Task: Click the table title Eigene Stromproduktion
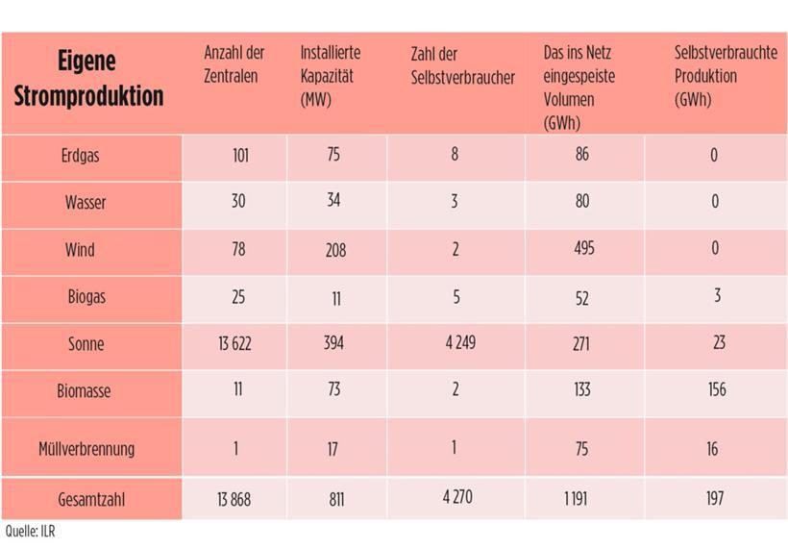[89, 79]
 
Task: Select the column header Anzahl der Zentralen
[234, 64]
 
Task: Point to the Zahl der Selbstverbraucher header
[462, 64]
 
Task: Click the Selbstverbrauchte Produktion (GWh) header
[726, 75]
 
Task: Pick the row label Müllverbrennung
[86, 448]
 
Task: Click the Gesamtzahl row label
[90, 499]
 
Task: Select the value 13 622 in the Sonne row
[234, 344]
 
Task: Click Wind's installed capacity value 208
[333, 249]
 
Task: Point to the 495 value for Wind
[582, 248]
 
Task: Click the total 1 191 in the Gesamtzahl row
[582, 499]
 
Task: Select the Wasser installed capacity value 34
[333, 202]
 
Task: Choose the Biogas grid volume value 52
[582, 298]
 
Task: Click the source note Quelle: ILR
[30, 531]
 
